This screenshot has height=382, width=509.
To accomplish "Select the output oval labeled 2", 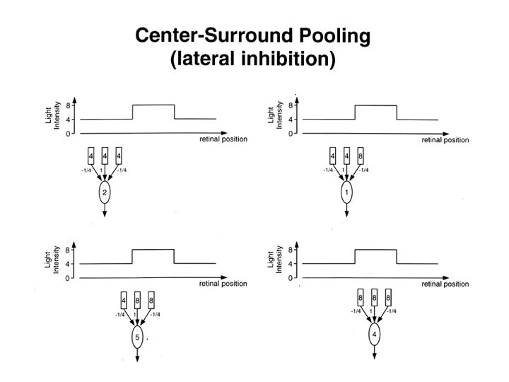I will click(105, 193).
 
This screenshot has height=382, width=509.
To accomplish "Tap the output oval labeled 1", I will click(346, 193).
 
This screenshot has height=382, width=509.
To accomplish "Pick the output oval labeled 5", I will click(137, 338).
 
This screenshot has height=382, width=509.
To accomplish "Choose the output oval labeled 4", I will click(375, 333).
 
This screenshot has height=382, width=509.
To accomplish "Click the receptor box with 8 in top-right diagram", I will click(361, 155).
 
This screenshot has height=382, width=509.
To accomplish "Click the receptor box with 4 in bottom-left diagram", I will click(123, 300).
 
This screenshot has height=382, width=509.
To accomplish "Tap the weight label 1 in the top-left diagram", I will click(104, 170).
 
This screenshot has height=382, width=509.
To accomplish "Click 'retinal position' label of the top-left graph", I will click(223, 139).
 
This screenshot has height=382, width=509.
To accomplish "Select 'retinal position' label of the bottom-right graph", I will click(445, 284).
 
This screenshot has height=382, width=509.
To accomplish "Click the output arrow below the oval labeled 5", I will click(137, 357).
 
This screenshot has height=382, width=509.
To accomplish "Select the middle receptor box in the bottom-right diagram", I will click(375, 296).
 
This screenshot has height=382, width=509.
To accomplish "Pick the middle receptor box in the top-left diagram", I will click(105, 155).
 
